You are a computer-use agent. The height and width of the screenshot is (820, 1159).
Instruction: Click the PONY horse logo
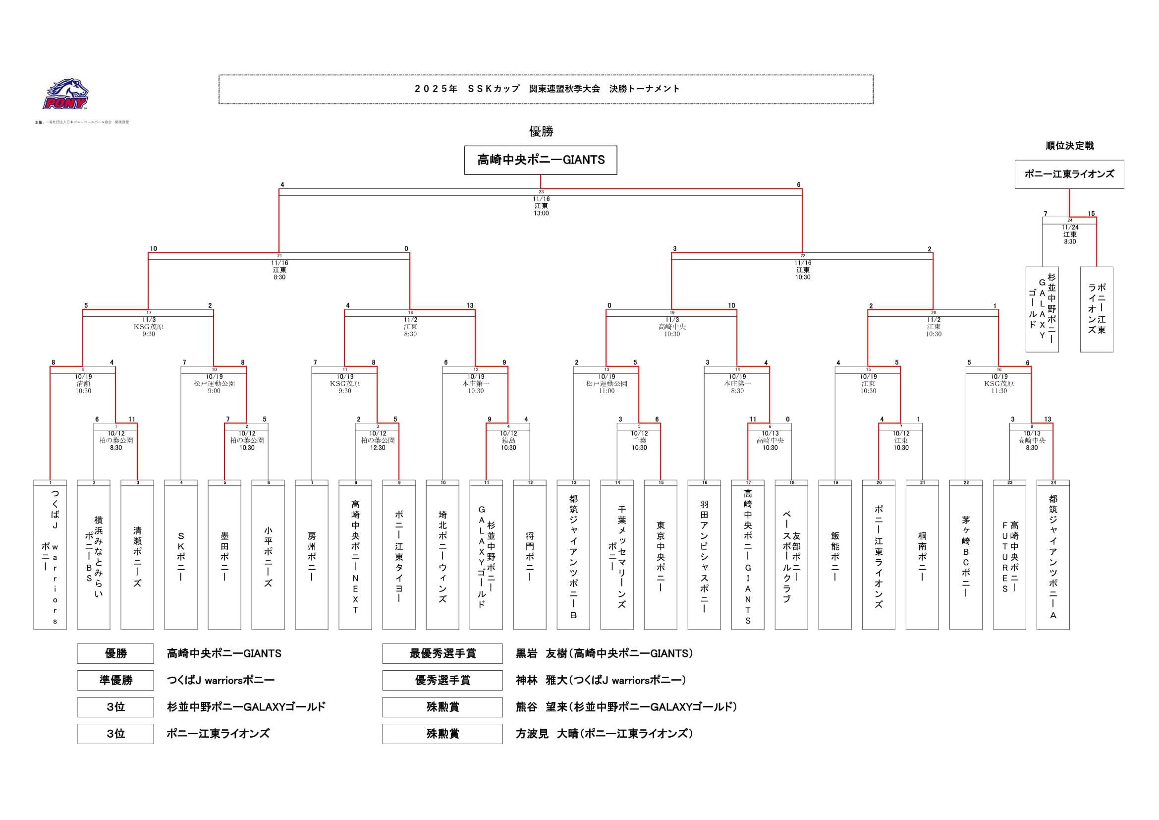pyautogui.click(x=65, y=94)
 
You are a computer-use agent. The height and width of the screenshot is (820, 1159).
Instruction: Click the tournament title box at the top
pyautogui.click(x=546, y=89)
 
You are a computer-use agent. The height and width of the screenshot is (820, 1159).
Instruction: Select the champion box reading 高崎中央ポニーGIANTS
pyautogui.click(x=540, y=160)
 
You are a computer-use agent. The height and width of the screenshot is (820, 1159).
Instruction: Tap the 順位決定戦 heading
pyautogui.click(x=1069, y=146)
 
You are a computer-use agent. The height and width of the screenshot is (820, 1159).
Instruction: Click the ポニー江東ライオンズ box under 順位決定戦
pyautogui.click(x=1069, y=174)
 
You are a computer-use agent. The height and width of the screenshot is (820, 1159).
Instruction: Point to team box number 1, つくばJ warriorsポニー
pyautogui.click(x=50, y=555)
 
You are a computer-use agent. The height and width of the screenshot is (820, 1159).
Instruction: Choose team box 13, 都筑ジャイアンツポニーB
pyautogui.click(x=573, y=555)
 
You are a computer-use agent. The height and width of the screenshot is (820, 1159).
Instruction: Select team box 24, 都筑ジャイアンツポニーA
pyautogui.click(x=1053, y=555)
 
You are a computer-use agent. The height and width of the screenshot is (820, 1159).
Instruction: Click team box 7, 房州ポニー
pyautogui.click(x=312, y=555)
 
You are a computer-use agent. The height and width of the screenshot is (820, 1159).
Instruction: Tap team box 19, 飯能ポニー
pyautogui.click(x=835, y=555)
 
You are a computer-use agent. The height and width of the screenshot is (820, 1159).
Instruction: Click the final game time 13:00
pyautogui.click(x=541, y=214)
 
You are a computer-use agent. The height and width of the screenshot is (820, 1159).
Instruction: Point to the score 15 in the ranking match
pyautogui.click(x=1091, y=214)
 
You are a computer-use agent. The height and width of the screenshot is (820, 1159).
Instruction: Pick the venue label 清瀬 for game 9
pyautogui.click(x=83, y=384)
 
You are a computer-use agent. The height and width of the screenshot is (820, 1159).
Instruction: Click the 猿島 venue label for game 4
pyautogui.click(x=508, y=441)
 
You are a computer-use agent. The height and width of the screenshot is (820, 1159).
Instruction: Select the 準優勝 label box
pyautogui.click(x=115, y=680)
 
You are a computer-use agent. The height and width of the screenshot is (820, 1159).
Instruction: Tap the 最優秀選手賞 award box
pyautogui.click(x=442, y=653)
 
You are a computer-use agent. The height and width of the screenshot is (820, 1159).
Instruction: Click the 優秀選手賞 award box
pyautogui.click(x=442, y=680)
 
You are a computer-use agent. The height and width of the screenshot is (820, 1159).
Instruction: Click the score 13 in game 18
pyautogui.click(x=470, y=305)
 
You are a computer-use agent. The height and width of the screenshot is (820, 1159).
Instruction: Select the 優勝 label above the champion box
pyautogui.click(x=541, y=132)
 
